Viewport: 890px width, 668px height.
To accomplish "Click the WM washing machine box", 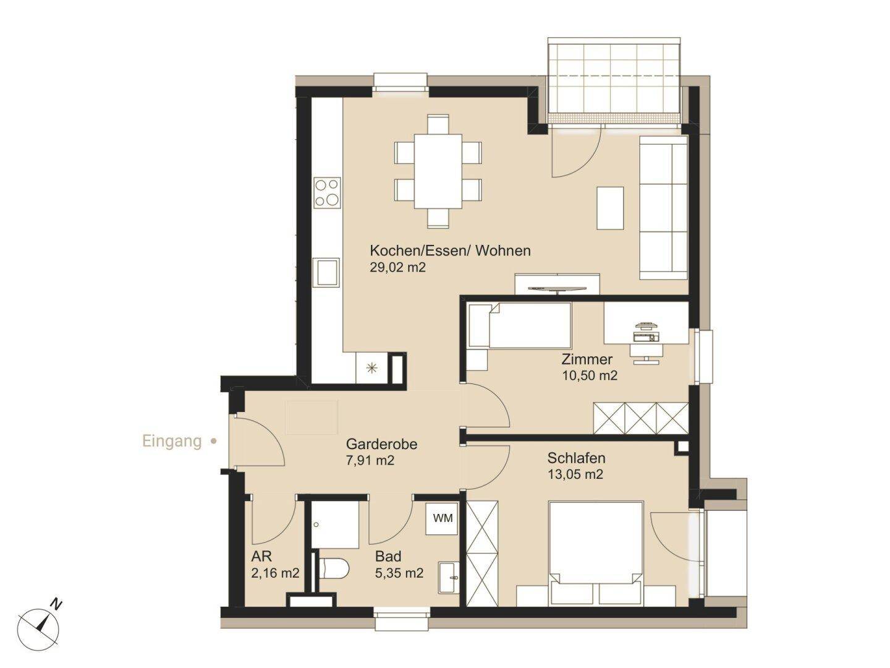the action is coord(442,519).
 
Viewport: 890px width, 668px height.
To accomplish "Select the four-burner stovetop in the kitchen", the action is coord(327,192).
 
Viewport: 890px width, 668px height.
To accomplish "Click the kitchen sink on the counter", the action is coord(328,272).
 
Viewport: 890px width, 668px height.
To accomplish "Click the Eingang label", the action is coord(172,441).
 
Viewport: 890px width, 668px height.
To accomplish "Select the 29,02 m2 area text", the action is coord(398,268).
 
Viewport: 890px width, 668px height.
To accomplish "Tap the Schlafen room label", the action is coord(576,458).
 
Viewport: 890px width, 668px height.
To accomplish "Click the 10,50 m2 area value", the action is coord(590,375).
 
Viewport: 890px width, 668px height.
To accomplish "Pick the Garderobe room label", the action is coord(381,445).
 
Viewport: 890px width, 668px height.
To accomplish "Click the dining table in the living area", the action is coord(438,171).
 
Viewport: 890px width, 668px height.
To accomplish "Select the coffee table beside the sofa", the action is coord(610,208).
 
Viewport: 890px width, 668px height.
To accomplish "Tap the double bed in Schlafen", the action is coord(595,554).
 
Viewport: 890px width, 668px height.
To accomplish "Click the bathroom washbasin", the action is coord(449,576).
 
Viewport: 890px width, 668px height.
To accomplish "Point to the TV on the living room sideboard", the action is coord(557,288).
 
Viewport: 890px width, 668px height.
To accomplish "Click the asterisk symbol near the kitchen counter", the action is coord(371,368).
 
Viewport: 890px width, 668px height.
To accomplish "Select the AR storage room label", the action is coord(261,557).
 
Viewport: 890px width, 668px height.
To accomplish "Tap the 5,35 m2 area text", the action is coord(399,573).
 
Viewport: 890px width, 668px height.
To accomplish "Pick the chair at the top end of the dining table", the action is coord(438,124).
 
